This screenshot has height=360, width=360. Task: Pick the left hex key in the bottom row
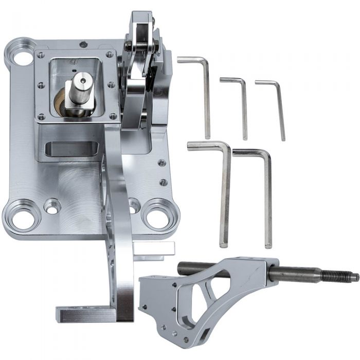click(x=225, y=195)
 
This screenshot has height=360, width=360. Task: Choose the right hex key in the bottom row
click(x=267, y=198)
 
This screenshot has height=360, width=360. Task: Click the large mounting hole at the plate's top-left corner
click(x=23, y=58)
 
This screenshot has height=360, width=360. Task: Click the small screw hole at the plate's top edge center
click(x=83, y=45)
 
